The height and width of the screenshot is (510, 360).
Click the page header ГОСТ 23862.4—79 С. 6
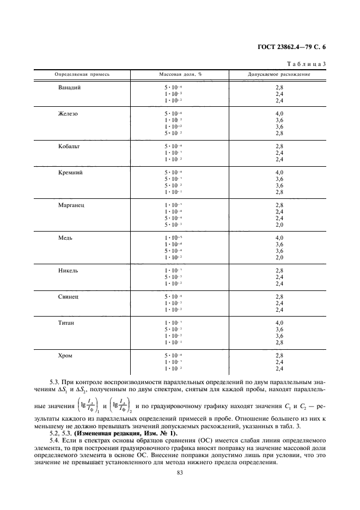[x=294, y=47]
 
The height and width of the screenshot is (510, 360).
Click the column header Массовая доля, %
[x=180, y=74]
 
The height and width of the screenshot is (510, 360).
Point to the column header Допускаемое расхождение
[x=279, y=74]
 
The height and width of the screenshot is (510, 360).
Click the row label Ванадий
[x=69, y=87]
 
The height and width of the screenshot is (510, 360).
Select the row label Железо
[x=68, y=113]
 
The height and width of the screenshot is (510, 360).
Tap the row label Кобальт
[x=69, y=146]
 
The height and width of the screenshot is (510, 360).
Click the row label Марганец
[x=71, y=205]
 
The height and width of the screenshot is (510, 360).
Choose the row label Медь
[x=66, y=238]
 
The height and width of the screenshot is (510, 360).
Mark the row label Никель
[x=68, y=270]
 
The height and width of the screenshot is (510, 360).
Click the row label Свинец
[x=69, y=296]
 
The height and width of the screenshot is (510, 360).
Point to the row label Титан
[x=66, y=323]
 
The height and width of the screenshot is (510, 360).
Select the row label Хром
[x=65, y=355]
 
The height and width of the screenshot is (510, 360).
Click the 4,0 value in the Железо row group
[x=279, y=113]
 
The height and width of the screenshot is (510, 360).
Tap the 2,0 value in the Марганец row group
[x=279, y=224]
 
